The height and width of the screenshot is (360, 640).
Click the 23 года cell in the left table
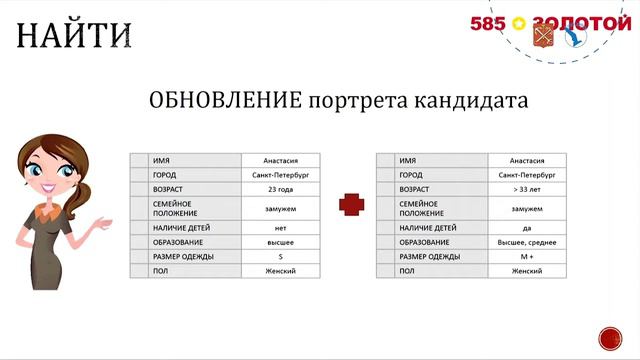pos(281,188)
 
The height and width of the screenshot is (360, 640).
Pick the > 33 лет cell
pos(527,188)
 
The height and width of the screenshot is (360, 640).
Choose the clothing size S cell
pos(281,257)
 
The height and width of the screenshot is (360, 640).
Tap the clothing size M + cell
pos(527,257)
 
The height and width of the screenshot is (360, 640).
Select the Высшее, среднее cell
pos(527,243)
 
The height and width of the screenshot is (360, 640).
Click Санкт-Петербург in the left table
pos(281,174)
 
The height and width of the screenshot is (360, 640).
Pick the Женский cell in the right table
pos(527,271)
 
